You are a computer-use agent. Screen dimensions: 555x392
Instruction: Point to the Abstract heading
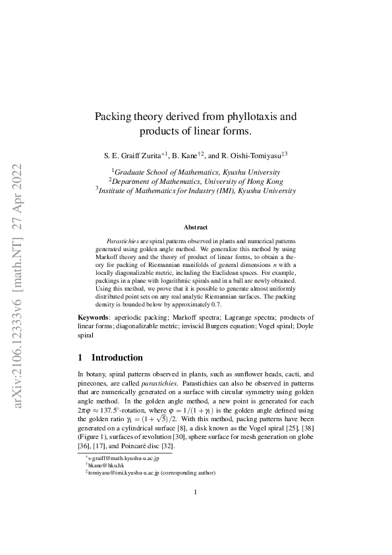pos(196,227)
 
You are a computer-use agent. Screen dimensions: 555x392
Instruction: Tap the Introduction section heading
pos(117,358)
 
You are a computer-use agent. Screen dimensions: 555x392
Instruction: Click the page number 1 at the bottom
pos(196,511)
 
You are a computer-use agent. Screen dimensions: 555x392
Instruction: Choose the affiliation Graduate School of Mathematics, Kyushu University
pos(196,170)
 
